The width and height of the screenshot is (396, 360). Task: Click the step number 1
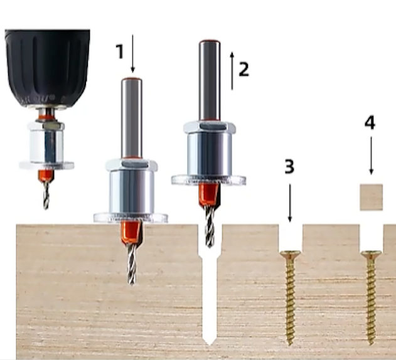[x=120, y=51]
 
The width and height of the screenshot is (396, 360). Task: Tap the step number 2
[x=244, y=69]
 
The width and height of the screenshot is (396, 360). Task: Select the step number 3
[x=289, y=166]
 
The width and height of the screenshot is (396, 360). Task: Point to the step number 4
[x=370, y=123]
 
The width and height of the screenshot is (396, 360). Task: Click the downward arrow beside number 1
[x=132, y=53]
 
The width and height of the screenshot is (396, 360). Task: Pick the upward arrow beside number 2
[x=232, y=71]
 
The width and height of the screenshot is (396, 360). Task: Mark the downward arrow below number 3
[x=290, y=203]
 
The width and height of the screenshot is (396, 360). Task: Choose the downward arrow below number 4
[x=371, y=156]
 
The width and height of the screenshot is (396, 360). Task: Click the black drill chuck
[x=48, y=68]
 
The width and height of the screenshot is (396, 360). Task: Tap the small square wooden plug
[x=372, y=197]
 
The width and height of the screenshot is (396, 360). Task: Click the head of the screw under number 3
[x=290, y=254]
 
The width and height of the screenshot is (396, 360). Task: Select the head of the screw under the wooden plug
[x=371, y=254]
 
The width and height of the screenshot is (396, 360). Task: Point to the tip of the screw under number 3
[x=291, y=345]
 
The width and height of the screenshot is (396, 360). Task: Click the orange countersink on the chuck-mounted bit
[x=46, y=175]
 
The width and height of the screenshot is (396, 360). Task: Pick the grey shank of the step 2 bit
[x=210, y=81]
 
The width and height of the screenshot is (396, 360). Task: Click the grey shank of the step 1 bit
[x=132, y=118]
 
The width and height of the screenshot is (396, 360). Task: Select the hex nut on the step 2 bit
[x=210, y=127]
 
